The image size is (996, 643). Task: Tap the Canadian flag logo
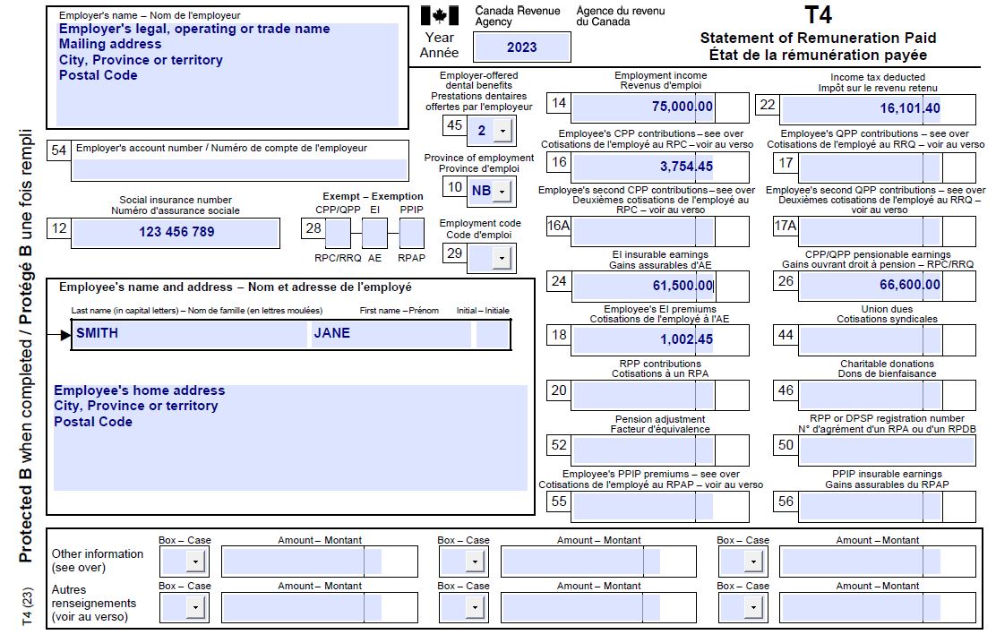[439, 16]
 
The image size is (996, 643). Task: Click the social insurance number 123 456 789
[176, 232]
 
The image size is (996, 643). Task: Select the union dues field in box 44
[869, 340]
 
